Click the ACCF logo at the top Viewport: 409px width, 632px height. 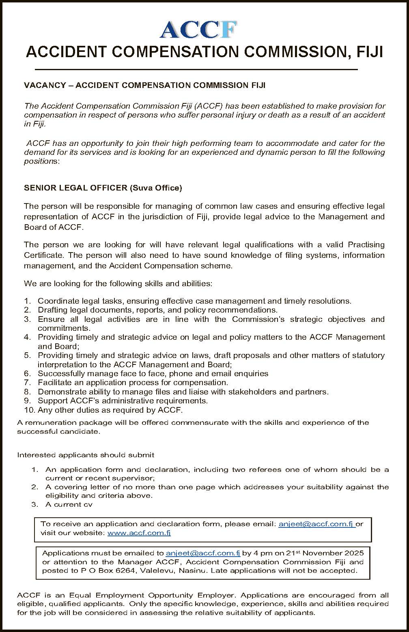[x=198, y=30]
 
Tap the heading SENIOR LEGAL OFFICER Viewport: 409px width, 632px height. [x=75, y=188]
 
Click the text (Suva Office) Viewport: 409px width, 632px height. [x=156, y=188]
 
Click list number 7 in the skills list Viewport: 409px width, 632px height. [x=27, y=382]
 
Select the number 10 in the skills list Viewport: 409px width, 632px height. [x=28, y=410]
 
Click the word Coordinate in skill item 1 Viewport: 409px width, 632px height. [x=58, y=301]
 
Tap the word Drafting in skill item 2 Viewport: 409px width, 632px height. [x=52, y=310]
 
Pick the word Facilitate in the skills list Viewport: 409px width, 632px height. [x=55, y=382]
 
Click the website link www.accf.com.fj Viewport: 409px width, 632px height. [x=139, y=533]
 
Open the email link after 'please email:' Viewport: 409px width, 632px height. [x=316, y=524]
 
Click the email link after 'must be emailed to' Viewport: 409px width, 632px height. [x=203, y=553]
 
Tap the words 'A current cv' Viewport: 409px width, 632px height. [x=69, y=504]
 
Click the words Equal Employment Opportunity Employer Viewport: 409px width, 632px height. [x=152, y=595]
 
